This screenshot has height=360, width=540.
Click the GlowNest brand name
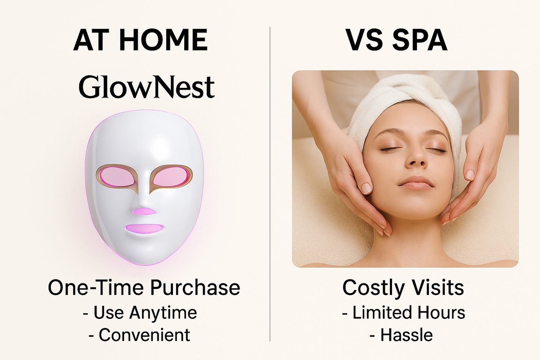(146, 87)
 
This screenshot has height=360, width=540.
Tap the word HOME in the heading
(163, 40)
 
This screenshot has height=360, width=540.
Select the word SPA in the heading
(420, 40)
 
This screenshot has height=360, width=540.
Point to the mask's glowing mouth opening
(144, 228)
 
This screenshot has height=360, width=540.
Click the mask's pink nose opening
(144, 211)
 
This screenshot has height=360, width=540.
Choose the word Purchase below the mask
(195, 287)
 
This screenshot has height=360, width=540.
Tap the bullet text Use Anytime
(145, 313)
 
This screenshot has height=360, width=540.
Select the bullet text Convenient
(145, 335)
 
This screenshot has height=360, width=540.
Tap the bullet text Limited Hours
(408, 313)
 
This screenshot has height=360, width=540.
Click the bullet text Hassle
(406, 335)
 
